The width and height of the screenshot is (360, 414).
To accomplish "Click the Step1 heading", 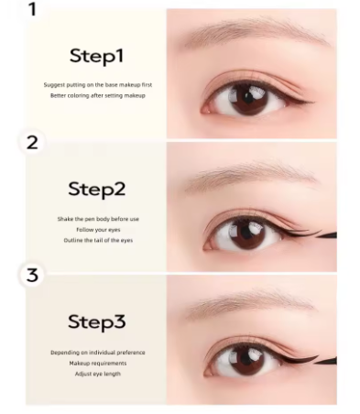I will (x=95, y=56).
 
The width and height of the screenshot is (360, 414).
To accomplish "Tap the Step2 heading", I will (x=95, y=189).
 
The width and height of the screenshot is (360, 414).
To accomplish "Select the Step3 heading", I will (x=95, y=321).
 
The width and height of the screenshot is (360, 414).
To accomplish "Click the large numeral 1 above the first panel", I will (x=33, y=10).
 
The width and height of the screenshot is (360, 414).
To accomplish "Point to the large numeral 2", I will (x=33, y=142).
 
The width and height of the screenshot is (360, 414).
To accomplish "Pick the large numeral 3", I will (x=33, y=275).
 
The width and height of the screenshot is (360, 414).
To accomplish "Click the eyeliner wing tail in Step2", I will (x=326, y=235).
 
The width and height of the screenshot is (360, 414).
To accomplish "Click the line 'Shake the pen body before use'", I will (x=96, y=219).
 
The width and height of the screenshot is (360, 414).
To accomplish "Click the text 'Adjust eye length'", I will (x=97, y=374).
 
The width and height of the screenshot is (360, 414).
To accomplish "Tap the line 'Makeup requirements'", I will (x=97, y=363).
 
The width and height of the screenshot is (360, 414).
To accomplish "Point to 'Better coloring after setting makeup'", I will (x=97, y=95).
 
